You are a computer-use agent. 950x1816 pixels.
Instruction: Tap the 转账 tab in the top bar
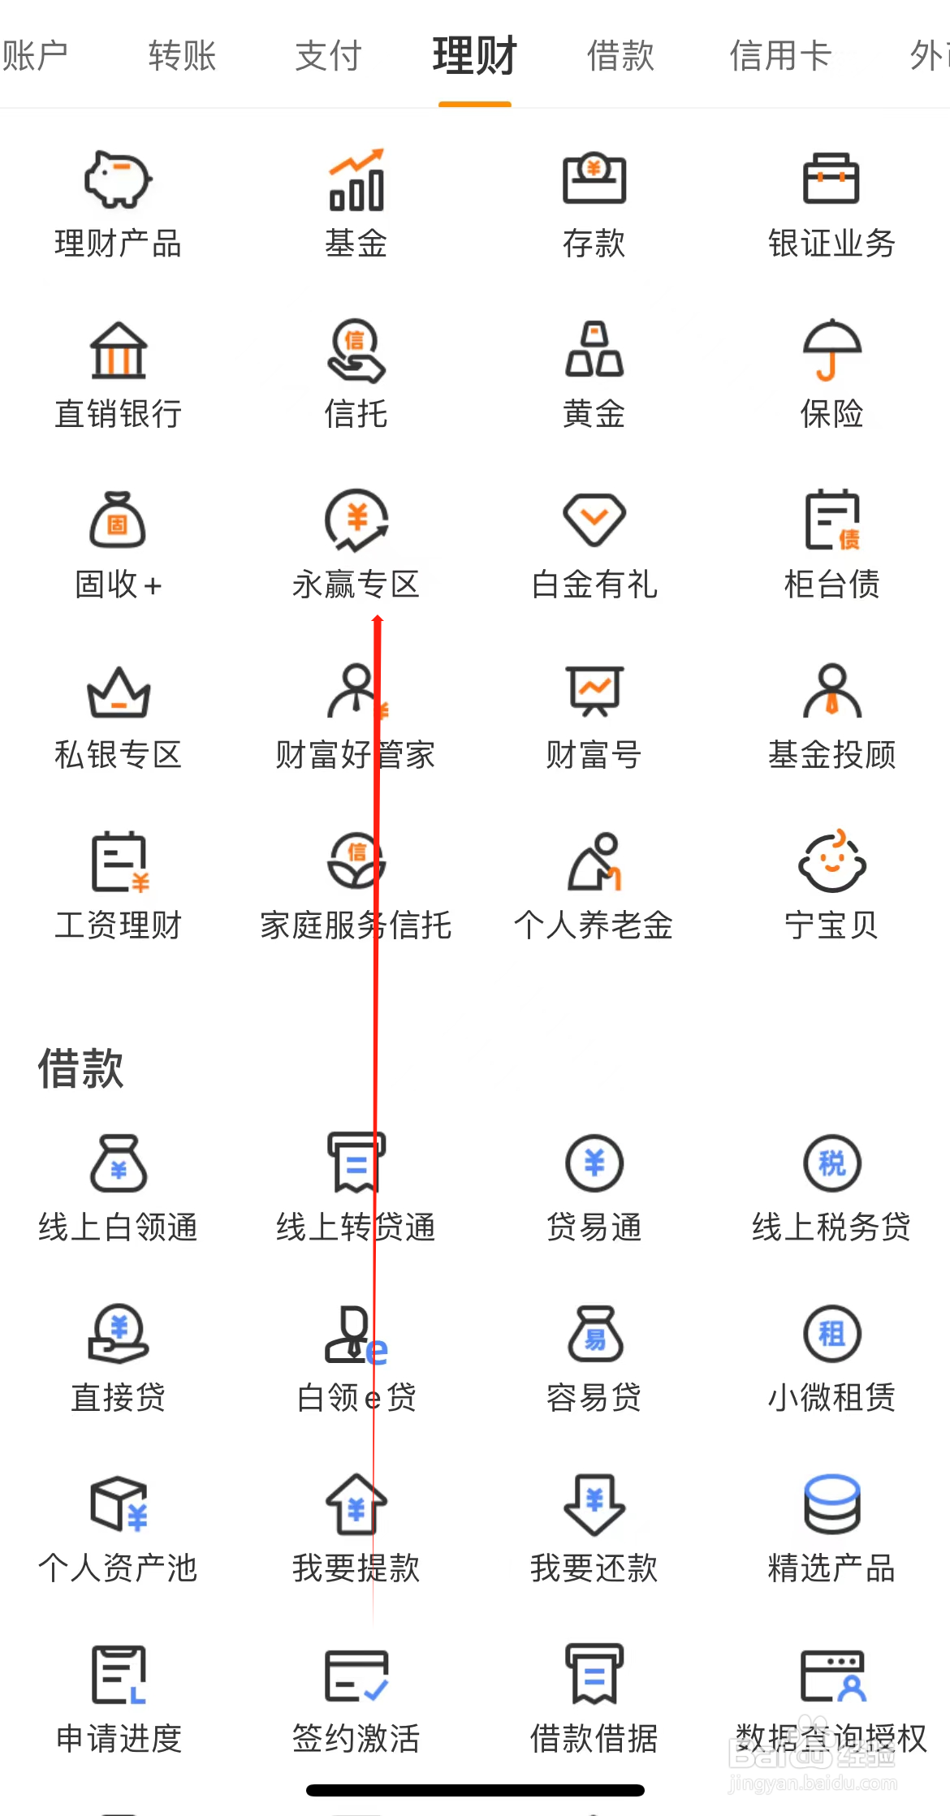[182, 56]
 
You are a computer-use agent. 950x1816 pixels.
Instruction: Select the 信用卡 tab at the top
[780, 56]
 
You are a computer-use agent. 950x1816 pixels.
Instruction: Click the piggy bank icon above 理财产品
[118, 179]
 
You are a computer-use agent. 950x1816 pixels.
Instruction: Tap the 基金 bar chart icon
[356, 179]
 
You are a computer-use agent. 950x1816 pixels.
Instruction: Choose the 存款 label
[594, 243]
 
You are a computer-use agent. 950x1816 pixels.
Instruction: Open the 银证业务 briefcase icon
[831, 178]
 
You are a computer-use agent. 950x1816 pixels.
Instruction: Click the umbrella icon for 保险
[831, 350]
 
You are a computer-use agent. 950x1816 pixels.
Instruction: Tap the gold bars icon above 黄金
[594, 350]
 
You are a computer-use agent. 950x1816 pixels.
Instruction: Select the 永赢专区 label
[356, 584]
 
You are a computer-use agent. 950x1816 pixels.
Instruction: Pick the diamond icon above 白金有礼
[594, 520]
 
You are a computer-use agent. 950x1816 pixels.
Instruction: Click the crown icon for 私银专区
[119, 692]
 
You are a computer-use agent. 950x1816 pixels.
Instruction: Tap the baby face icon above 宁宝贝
[831, 861]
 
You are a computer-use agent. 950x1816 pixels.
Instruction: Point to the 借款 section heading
[80, 1068]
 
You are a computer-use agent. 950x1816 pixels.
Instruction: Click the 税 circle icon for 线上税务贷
[831, 1163]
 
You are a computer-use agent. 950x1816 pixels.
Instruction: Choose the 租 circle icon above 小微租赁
[831, 1334]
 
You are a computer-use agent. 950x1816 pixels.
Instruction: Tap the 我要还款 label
[594, 1568]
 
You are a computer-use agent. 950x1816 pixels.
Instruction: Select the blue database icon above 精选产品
[831, 1504]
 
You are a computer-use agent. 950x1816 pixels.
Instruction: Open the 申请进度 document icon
[119, 1675]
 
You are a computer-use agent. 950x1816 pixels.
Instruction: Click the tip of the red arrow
[378, 619]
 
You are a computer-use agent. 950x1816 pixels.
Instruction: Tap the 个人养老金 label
[594, 925]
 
